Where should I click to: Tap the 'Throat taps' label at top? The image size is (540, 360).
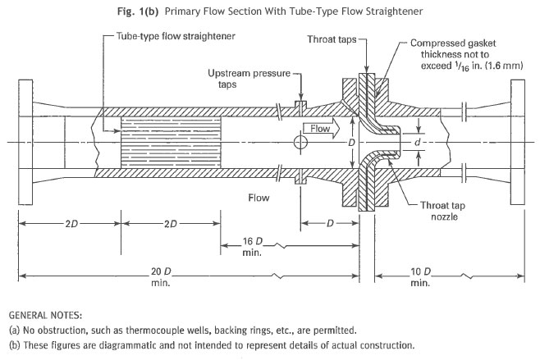331,38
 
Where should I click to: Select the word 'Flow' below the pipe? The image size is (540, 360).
259,198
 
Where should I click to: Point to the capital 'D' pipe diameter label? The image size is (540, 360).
350,143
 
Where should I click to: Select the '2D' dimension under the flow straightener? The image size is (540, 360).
169,223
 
